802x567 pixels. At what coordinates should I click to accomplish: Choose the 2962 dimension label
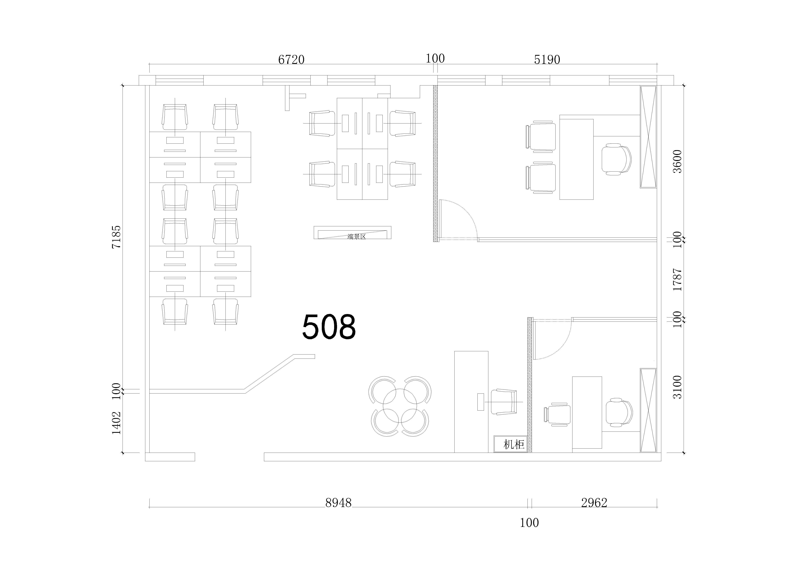(594, 503)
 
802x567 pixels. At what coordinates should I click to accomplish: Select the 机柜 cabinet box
(510, 444)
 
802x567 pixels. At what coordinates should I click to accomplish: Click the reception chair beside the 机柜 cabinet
(504, 402)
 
